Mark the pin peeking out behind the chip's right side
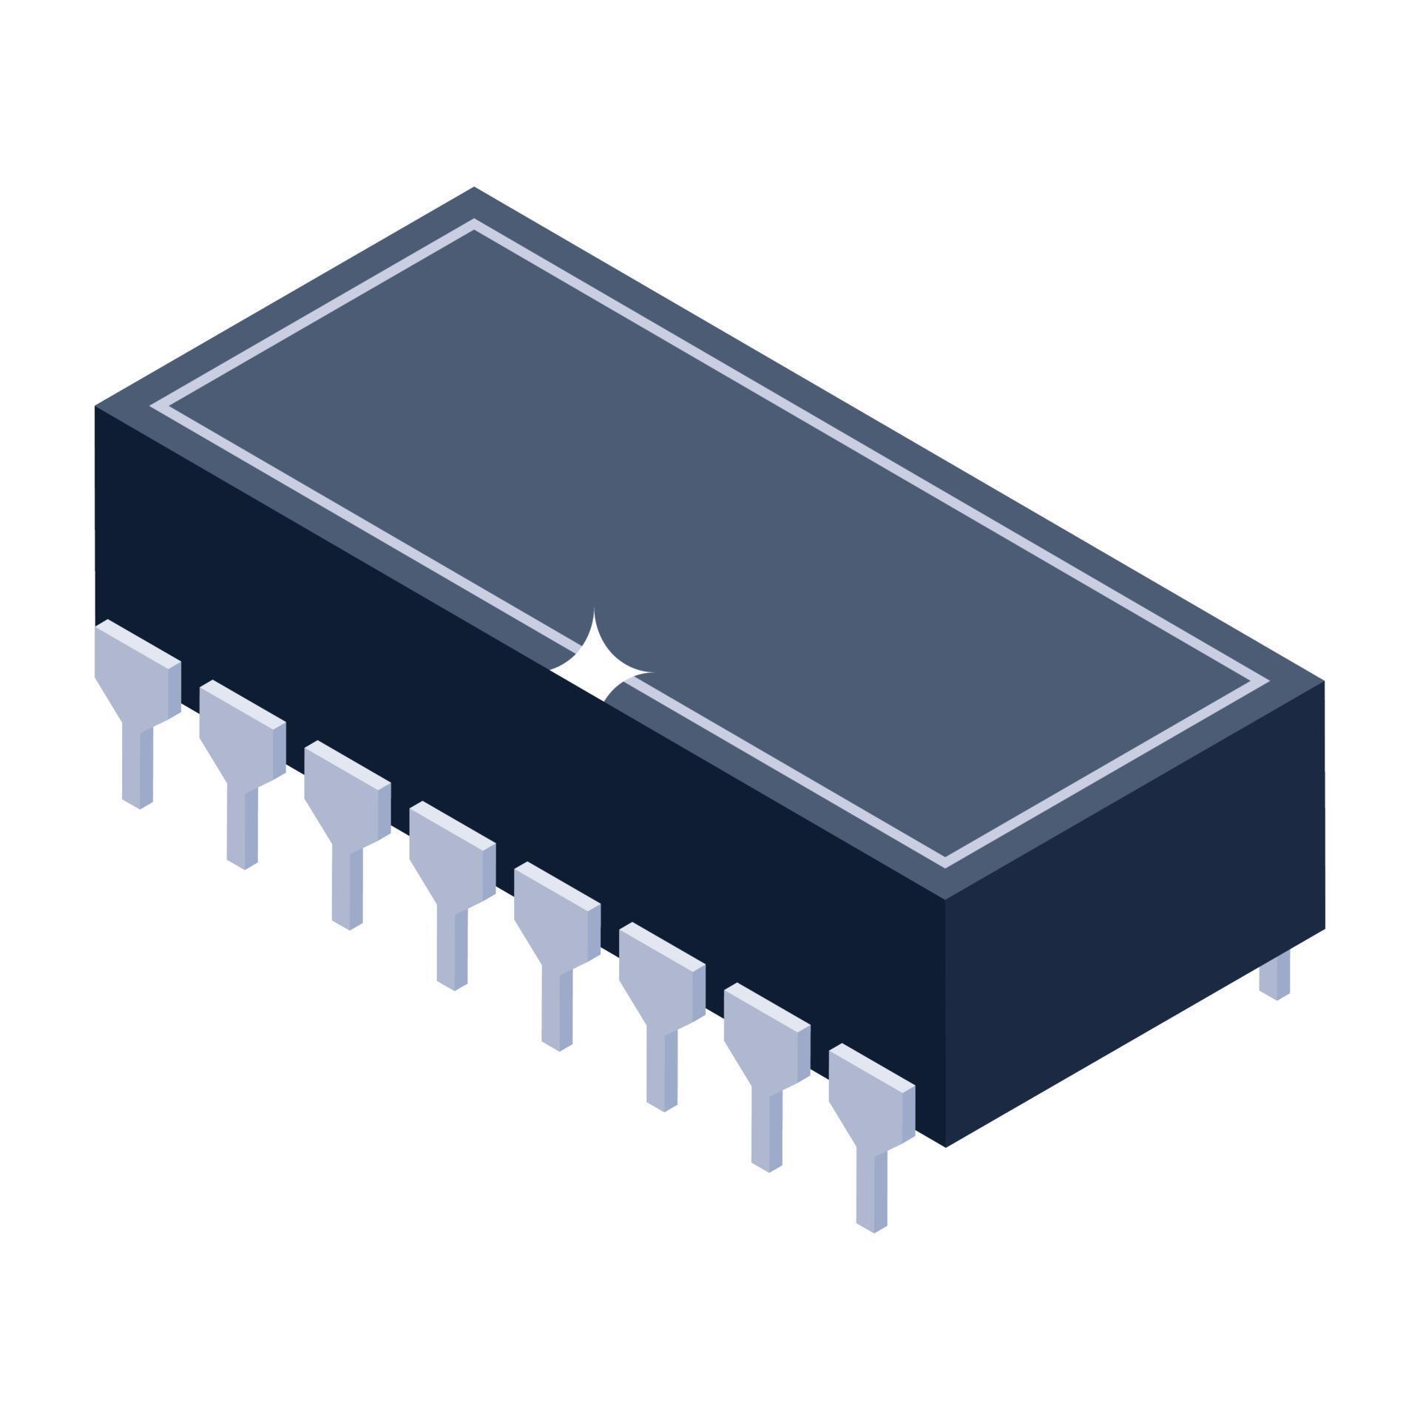tap(1274, 975)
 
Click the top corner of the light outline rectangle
tap(474, 224)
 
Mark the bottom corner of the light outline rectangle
tap(945, 862)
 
